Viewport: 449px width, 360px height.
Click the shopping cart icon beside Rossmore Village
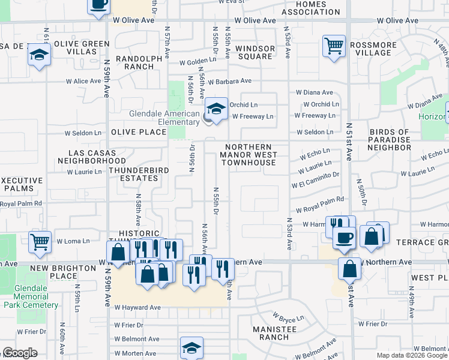[x=334, y=46]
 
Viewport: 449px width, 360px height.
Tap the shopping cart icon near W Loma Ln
[x=40, y=242]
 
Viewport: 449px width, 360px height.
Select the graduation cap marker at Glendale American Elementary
[x=216, y=109]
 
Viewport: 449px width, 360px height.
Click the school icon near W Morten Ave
[x=191, y=347]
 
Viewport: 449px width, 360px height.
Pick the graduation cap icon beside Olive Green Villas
[x=40, y=54]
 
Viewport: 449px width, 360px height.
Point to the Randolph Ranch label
[x=139, y=62]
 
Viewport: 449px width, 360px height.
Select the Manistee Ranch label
[x=274, y=333]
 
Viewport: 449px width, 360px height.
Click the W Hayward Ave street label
[x=138, y=307]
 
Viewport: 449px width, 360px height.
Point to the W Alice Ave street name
[x=83, y=82]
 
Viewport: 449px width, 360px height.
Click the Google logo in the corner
[x=20, y=353]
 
